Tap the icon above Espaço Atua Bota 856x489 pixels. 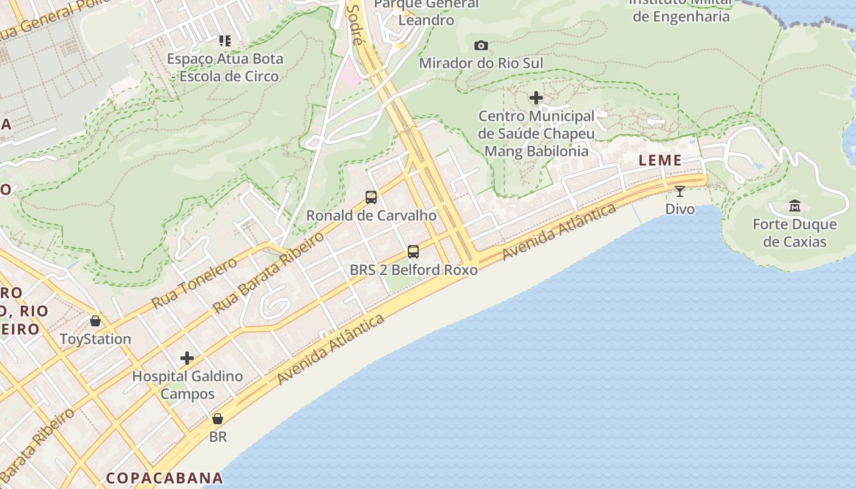click(225, 41)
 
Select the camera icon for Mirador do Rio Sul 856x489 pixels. click(481, 45)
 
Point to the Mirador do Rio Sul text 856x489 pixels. click(481, 63)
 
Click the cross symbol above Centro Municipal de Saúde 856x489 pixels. click(536, 98)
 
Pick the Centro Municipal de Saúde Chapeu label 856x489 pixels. click(536, 133)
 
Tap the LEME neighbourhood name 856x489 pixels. click(660, 161)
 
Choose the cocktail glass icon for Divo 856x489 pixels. click(680, 191)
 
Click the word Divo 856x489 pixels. click(680, 209)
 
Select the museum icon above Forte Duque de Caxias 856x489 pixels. click(795, 206)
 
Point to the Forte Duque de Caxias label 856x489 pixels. click(795, 233)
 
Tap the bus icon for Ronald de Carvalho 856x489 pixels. click(371, 197)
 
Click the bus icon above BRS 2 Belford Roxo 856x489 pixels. click(413, 251)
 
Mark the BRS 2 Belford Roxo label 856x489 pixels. click(413, 270)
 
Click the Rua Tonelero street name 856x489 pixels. click(194, 283)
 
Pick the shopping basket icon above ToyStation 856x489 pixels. click(95, 321)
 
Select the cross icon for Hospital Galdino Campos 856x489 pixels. click(187, 358)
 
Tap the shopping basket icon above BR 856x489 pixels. click(218, 419)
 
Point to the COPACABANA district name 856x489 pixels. click(164, 478)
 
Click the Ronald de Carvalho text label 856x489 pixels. click(371, 215)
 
